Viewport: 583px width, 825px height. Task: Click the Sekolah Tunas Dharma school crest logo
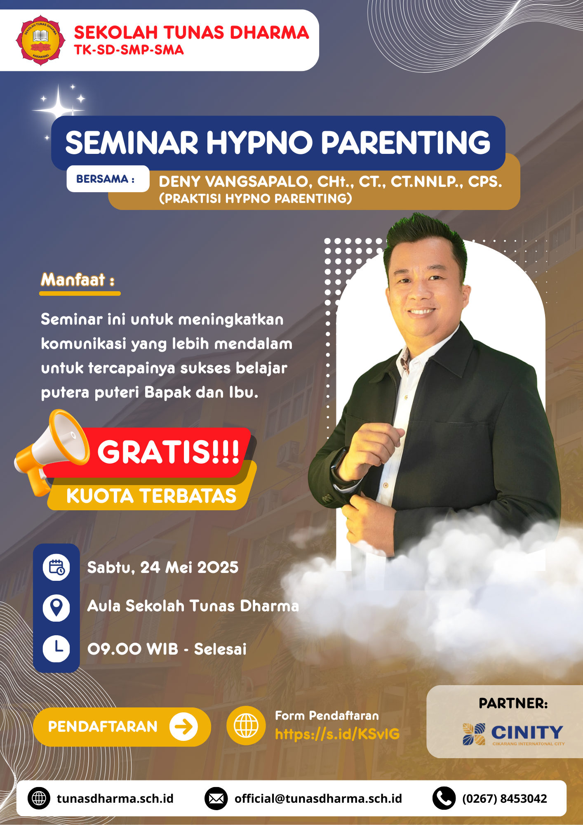pyautogui.click(x=40, y=40)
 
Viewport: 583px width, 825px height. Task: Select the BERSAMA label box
pyautogui.click(x=108, y=179)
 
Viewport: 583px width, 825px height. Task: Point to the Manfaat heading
pyautogui.click(x=78, y=280)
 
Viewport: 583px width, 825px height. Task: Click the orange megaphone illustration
pyautogui.click(x=52, y=451)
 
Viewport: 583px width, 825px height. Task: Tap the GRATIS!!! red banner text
pyautogui.click(x=168, y=452)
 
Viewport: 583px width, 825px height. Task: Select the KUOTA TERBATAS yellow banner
pyautogui.click(x=151, y=495)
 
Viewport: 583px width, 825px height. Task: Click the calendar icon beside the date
pyautogui.click(x=56, y=567)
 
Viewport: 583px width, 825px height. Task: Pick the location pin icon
pyautogui.click(x=56, y=608)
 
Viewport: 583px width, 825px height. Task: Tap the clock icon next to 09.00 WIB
pyautogui.click(x=56, y=648)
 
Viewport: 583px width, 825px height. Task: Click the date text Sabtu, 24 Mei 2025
pyautogui.click(x=163, y=568)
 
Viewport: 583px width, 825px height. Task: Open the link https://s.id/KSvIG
pyautogui.click(x=337, y=734)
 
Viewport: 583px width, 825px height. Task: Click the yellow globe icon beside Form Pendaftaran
pyautogui.click(x=246, y=725)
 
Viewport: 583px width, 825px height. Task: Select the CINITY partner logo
pyautogui.click(x=513, y=734)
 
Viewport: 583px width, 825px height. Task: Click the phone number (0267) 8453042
pyautogui.click(x=505, y=799)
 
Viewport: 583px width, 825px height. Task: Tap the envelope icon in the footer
pyautogui.click(x=216, y=799)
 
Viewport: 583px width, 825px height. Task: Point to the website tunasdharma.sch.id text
pyautogui.click(x=115, y=799)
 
